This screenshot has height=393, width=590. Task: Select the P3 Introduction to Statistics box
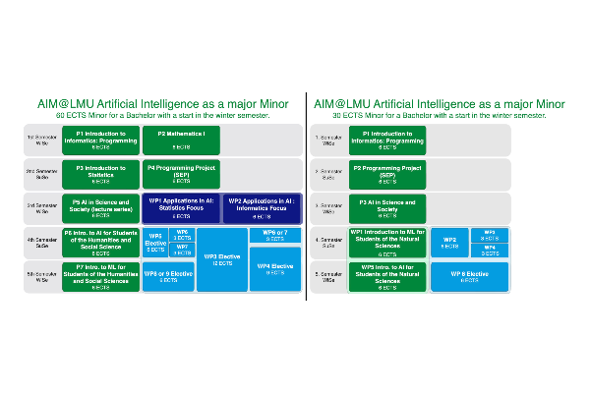(x=101, y=174)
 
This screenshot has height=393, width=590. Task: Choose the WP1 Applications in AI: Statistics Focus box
(x=181, y=208)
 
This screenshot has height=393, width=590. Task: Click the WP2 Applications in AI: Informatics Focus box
(x=261, y=208)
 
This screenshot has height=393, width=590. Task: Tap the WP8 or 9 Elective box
(x=168, y=277)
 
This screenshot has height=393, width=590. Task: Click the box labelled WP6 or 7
(x=275, y=235)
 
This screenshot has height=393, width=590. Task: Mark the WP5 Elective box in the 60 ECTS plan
(x=156, y=243)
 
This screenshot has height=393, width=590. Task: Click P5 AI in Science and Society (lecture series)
(x=101, y=208)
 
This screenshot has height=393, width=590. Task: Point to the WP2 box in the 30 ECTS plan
(x=449, y=243)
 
